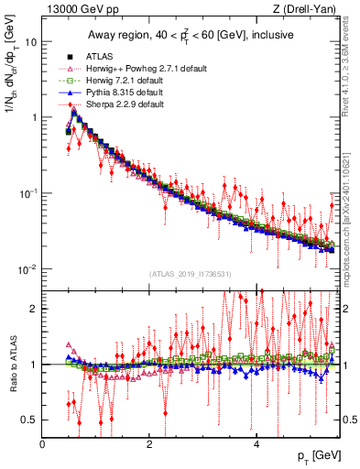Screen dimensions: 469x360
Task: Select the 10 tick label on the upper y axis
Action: click(29, 42)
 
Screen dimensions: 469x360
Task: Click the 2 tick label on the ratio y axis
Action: click(34, 308)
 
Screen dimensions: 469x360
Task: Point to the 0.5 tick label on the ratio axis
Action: click(29, 420)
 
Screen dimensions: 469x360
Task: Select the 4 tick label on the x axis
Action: click(256, 444)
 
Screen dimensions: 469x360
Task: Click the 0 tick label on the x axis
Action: click(43, 444)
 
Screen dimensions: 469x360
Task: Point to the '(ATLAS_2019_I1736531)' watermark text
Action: click(191, 273)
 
